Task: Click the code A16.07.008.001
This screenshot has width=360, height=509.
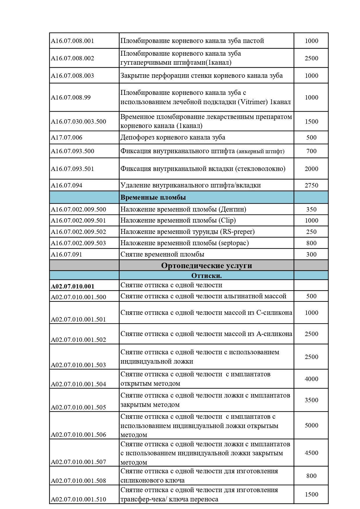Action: (x=73, y=41)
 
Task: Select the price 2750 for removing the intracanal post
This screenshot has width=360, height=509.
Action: (x=311, y=185)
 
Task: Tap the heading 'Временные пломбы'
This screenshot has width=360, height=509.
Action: (x=153, y=198)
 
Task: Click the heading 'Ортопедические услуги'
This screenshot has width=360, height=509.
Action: (x=206, y=266)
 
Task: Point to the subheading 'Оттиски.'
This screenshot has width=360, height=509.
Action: (x=206, y=276)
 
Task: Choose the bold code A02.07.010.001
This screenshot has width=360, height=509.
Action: (x=73, y=286)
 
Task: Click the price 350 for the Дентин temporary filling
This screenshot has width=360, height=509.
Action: (x=311, y=210)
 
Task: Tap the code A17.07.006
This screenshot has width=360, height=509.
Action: (x=67, y=138)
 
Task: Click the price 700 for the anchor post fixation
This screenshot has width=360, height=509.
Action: (x=311, y=151)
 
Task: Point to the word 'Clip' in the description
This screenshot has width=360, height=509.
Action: (x=227, y=221)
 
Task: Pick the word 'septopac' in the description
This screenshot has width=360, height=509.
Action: (x=233, y=243)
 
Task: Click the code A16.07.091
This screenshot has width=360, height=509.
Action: (x=66, y=255)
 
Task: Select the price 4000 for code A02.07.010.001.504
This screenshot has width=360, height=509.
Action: (x=311, y=379)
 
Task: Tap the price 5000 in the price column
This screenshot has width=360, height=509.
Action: (x=311, y=425)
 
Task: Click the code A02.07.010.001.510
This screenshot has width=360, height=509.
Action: (x=78, y=499)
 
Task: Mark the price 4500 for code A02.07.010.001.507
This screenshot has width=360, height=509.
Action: (x=311, y=453)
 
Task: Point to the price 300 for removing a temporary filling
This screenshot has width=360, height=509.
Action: (x=311, y=255)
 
